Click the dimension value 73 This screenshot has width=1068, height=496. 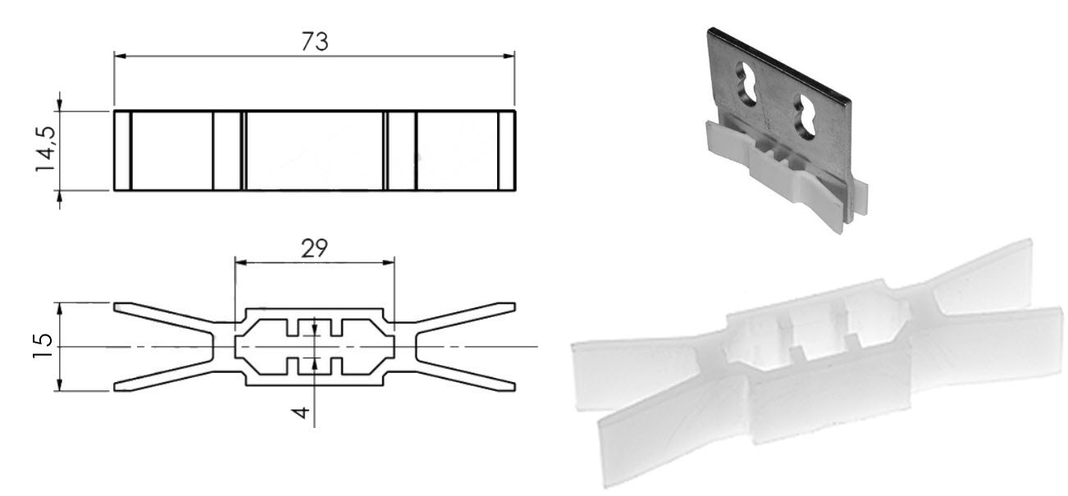pos(314,41)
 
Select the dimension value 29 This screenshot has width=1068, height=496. pos(314,248)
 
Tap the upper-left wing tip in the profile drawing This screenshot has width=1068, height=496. pos(117,307)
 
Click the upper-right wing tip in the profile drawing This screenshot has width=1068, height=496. pos(511,307)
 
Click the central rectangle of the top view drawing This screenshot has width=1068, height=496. pos(314,151)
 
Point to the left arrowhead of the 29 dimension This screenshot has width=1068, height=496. pos(240,262)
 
